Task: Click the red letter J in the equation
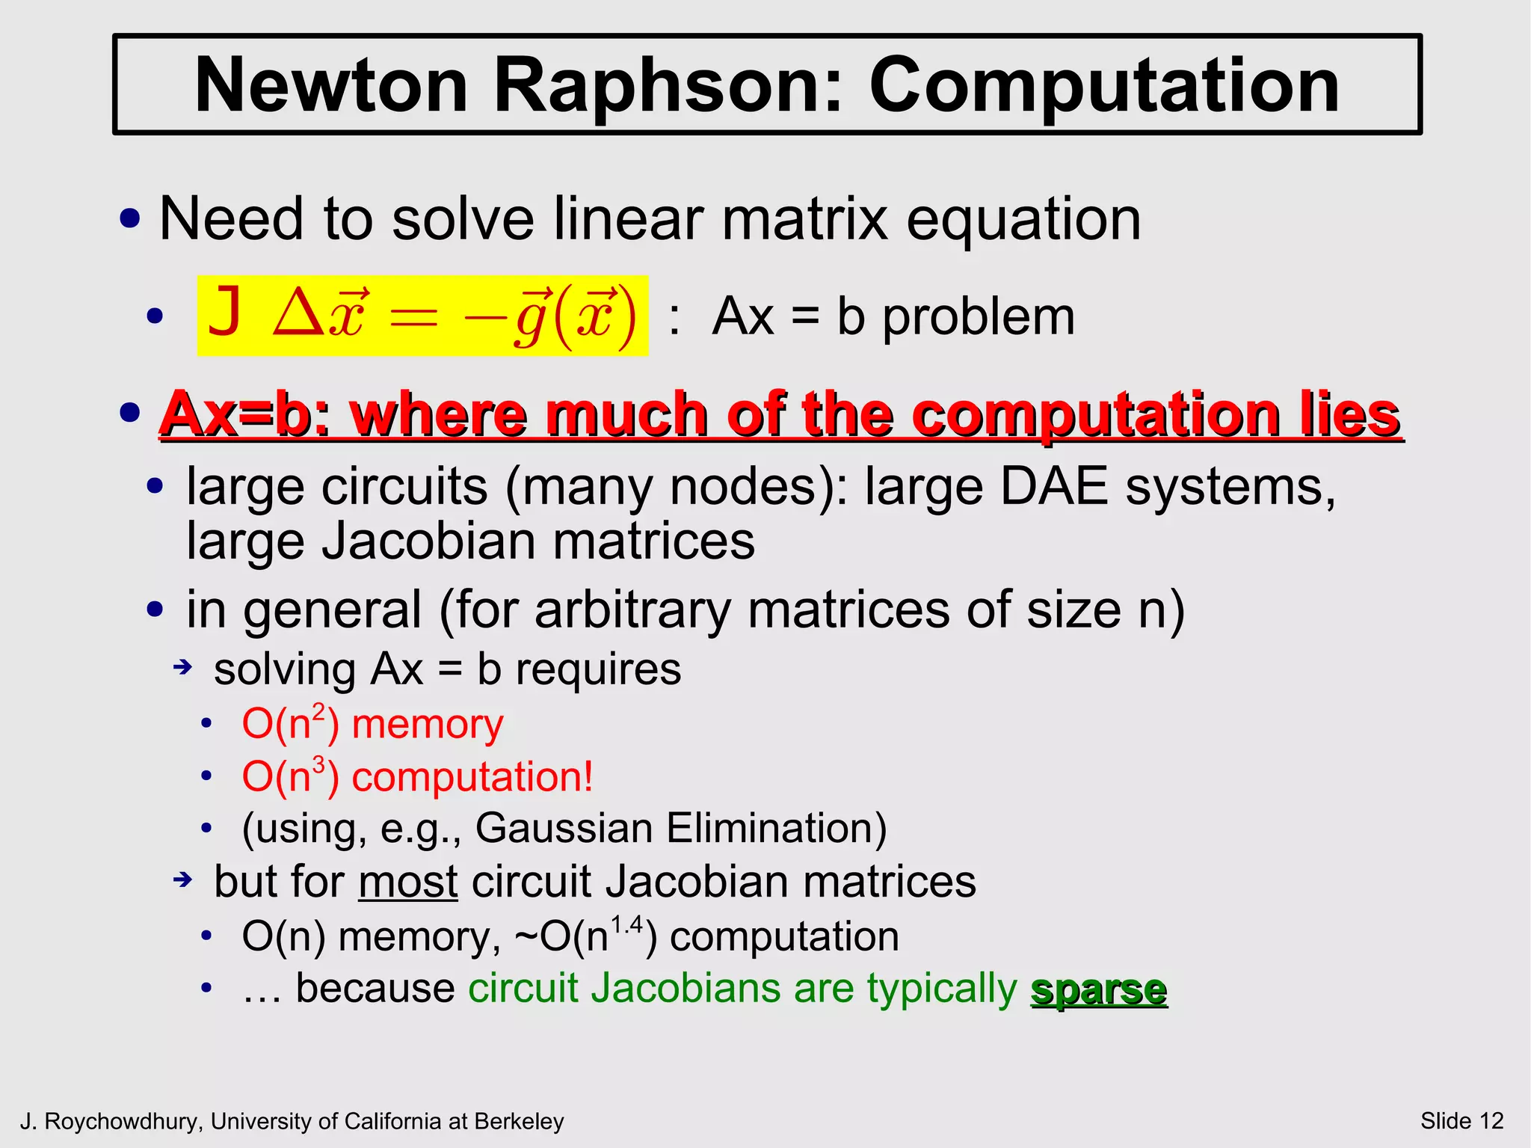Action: point(225,314)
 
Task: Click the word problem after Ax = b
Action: point(979,318)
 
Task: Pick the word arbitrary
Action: point(632,610)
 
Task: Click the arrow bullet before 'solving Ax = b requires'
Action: point(183,666)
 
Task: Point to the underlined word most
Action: point(407,882)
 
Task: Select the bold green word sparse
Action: point(1098,989)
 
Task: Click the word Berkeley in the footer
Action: point(520,1122)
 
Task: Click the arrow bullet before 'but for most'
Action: point(183,880)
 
